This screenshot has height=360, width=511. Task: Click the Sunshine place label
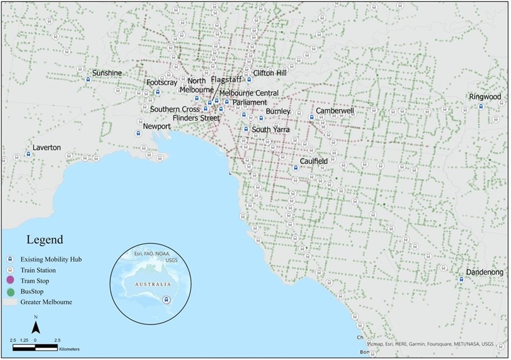[107, 73]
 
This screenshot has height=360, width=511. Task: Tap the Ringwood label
[485, 97]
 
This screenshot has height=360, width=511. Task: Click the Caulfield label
[314, 161]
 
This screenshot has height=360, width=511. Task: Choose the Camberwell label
[335, 111]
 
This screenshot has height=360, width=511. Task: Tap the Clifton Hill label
[270, 73]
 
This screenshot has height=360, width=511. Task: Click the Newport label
[157, 126]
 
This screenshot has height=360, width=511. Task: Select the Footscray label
[162, 83]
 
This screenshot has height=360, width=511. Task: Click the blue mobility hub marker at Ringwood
[481, 107]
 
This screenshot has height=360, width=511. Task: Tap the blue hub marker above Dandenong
[461, 280]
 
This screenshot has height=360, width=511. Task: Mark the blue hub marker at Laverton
[28, 154]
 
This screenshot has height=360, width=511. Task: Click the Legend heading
[45, 239]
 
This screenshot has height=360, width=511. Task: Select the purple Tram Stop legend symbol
[11, 281]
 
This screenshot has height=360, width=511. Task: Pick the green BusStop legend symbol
[11, 291]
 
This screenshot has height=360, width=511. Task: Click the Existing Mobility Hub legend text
[51, 259]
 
